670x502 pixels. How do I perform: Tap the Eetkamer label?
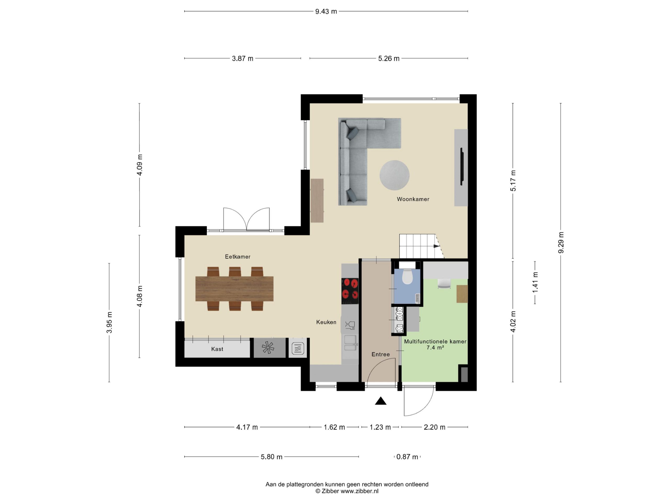coord(237,256)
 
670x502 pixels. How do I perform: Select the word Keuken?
coord(326,322)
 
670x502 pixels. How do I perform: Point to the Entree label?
coord(381,354)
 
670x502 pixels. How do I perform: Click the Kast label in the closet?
coord(217,349)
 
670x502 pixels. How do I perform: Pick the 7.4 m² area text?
coord(435,348)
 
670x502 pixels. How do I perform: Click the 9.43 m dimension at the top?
coord(326,12)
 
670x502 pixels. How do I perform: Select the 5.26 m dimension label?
coord(389,58)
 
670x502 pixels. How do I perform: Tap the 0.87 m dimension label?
coord(407,457)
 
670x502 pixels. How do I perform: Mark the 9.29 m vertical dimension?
coord(561,243)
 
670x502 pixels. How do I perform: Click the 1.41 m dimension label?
coord(535,282)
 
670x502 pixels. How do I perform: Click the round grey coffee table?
coord(394,175)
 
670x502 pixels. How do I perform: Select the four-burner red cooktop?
coord(350,291)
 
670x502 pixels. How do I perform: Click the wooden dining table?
coord(234,289)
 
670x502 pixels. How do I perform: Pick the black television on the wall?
coord(462,167)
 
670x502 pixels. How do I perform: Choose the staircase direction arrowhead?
coord(437,246)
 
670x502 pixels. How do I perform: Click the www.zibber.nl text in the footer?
coord(360,491)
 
